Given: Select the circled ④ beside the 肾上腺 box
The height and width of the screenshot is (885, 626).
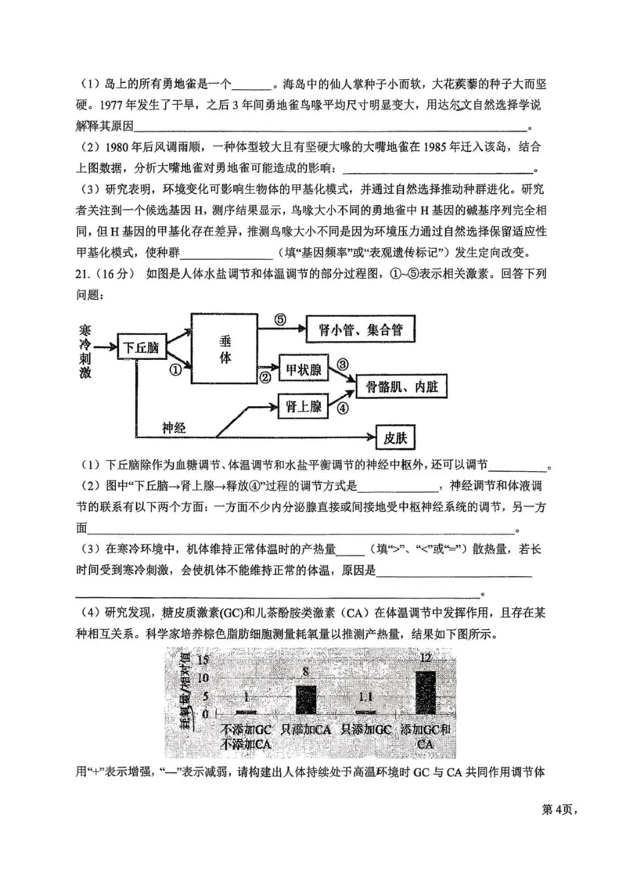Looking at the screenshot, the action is [341, 407].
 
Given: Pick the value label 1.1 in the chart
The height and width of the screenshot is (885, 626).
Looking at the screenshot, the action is [365, 697].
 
